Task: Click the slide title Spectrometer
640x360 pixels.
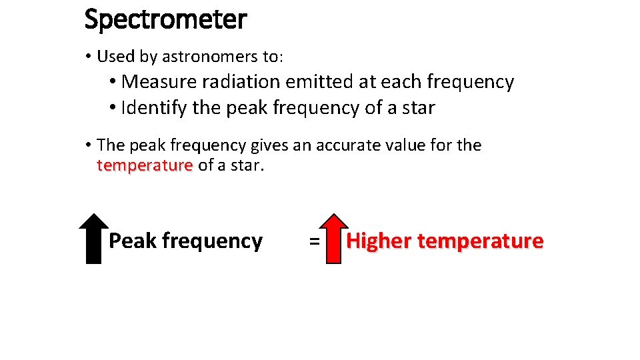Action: (x=165, y=20)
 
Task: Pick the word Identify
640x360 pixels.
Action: (x=154, y=107)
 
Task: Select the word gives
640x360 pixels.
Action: (x=270, y=145)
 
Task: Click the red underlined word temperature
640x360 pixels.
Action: (x=145, y=165)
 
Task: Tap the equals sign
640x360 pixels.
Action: (x=313, y=241)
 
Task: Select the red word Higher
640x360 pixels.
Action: (x=379, y=241)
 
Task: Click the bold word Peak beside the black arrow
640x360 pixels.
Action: (x=132, y=241)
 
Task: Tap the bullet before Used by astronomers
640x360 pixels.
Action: (x=89, y=56)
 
